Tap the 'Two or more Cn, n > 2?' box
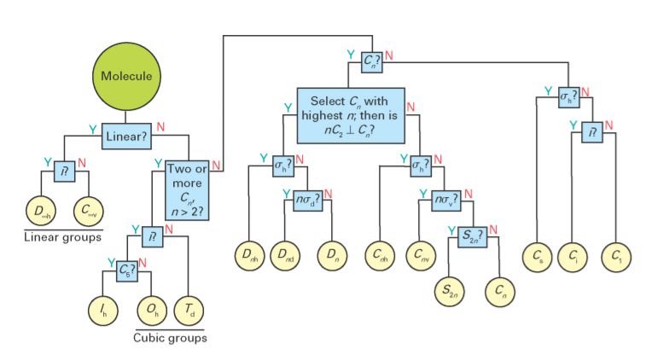[x=187, y=193]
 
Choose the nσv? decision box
[x=445, y=201]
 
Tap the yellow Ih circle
[x=104, y=308]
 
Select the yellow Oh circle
[x=151, y=308]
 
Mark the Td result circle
[x=188, y=308]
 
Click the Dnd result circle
[x=287, y=255]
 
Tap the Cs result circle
[x=537, y=255]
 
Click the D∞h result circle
[x=39, y=210]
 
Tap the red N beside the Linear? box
[x=160, y=127]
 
